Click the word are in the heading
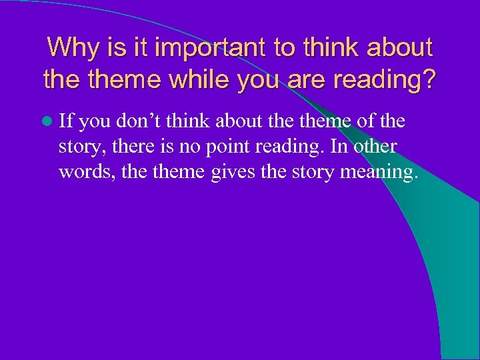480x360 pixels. tap(309, 80)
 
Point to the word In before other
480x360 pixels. tap(347, 147)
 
